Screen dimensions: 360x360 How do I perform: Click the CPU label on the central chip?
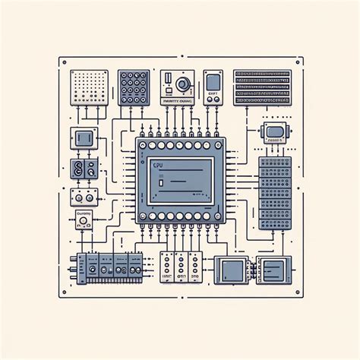[x=158, y=165]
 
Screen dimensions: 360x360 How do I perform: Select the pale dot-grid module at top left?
[x=84, y=87]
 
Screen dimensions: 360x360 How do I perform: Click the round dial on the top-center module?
[x=182, y=84]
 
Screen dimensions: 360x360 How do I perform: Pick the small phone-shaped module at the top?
[x=213, y=86]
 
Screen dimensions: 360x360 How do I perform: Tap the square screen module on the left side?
[x=84, y=139]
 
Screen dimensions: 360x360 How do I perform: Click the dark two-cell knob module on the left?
[x=79, y=169]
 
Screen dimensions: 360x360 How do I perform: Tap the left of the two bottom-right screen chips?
[x=232, y=268]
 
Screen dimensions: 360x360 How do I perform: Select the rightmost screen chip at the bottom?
[x=272, y=268]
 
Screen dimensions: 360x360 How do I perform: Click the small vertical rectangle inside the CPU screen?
[x=161, y=182]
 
